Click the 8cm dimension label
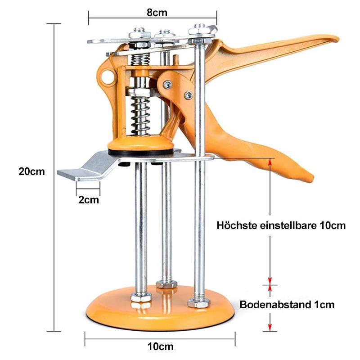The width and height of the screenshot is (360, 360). click(157, 13)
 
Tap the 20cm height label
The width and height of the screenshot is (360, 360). click(31, 171)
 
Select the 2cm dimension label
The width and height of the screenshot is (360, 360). click(89, 200)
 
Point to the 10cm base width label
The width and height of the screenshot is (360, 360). click(160, 346)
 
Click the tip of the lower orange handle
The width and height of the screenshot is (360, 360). click(311, 178)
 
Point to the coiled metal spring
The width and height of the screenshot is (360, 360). click(140, 116)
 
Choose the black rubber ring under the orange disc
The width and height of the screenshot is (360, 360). click(141, 152)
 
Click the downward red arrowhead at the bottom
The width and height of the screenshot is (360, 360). click(270, 328)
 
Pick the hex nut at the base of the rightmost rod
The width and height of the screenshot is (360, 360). click(199, 303)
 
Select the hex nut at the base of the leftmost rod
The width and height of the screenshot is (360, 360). click(141, 297)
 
